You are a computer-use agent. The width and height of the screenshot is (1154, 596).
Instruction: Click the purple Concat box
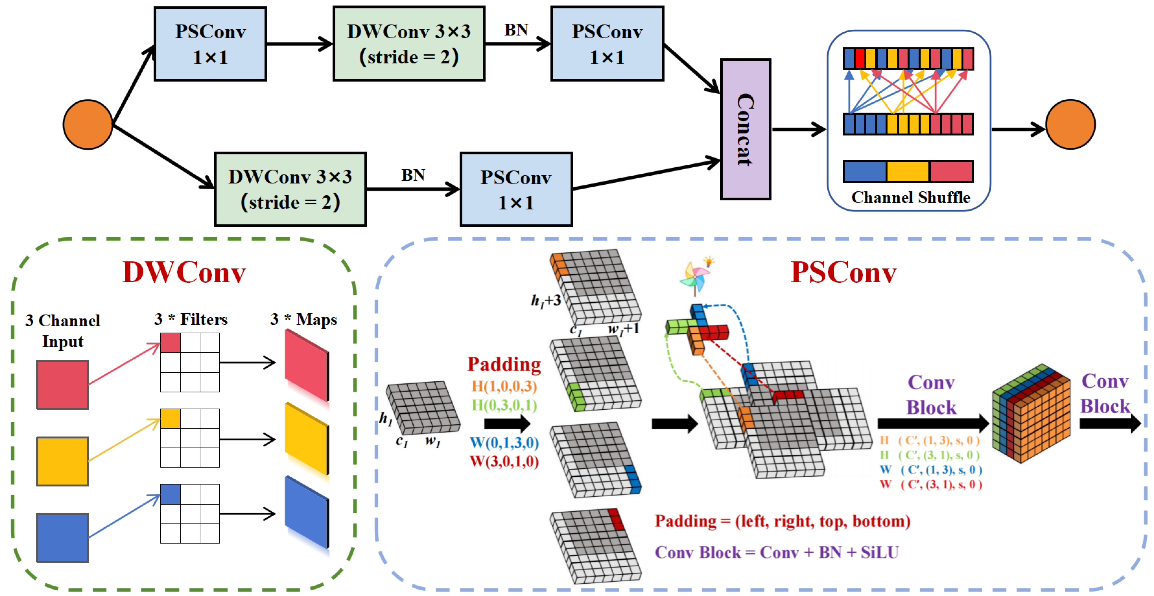(745, 129)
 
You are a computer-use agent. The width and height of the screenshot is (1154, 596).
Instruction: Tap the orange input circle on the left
(88, 124)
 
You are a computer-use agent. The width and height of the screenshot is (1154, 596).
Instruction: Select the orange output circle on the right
(1070, 124)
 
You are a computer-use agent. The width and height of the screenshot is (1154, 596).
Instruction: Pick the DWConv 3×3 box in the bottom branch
(290, 189)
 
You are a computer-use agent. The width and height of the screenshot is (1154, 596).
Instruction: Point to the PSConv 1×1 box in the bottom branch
(516, 189)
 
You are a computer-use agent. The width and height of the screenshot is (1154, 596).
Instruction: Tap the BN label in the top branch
(516, 30)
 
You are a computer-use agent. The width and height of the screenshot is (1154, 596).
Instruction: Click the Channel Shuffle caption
(910, 197)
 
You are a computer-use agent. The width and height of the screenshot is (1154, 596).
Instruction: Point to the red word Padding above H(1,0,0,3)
(504, 364)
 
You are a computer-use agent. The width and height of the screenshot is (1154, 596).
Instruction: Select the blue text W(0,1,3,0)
(504, 443)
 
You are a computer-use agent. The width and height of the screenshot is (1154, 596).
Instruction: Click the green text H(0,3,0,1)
(504, 405)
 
